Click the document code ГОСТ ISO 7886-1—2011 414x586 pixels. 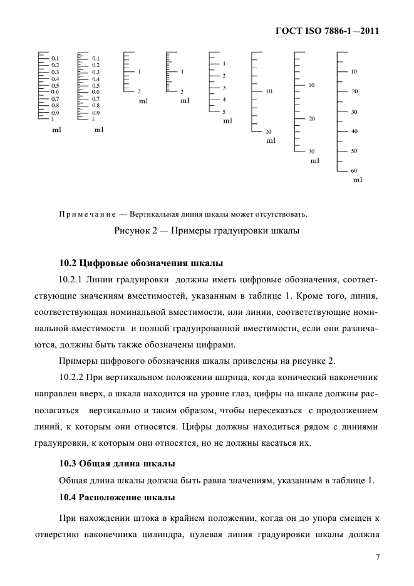(x=328, y=30)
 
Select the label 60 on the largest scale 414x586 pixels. (x=354, y=171)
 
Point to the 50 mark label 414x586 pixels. (x=354, y=151)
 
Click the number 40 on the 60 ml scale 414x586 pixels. (x=354, y=131)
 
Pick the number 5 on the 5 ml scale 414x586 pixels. (x=224, y=111)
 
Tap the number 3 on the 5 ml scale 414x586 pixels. (x=224, y=87)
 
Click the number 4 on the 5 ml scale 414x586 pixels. (x=224, y=100)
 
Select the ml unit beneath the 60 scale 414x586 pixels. (x=358, y=180)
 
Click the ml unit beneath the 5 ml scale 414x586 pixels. (x=227, y=120)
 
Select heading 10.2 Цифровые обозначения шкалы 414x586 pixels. (x=141, y=262)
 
